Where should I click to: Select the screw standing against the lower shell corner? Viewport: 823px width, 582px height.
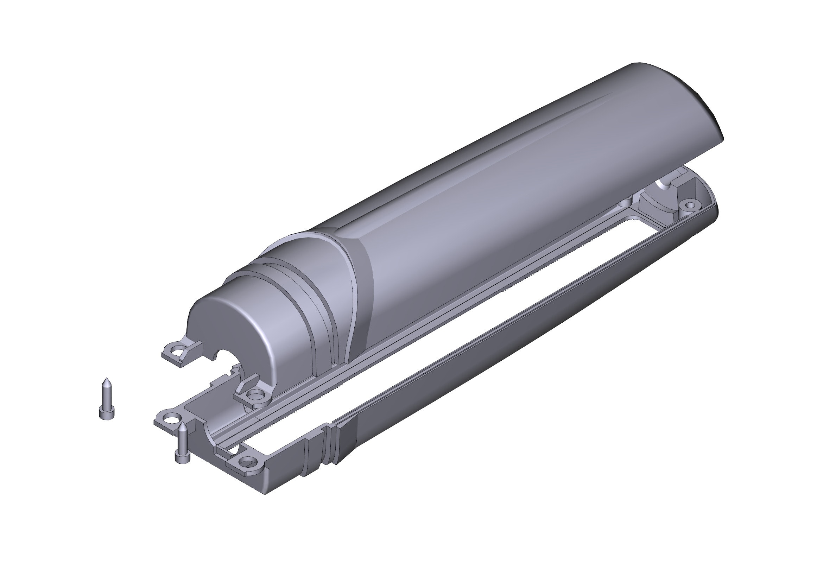click(182, 444)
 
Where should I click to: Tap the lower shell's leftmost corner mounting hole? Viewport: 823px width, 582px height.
click(172, 418)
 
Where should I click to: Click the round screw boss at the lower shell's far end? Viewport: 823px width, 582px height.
click(690, 206)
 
